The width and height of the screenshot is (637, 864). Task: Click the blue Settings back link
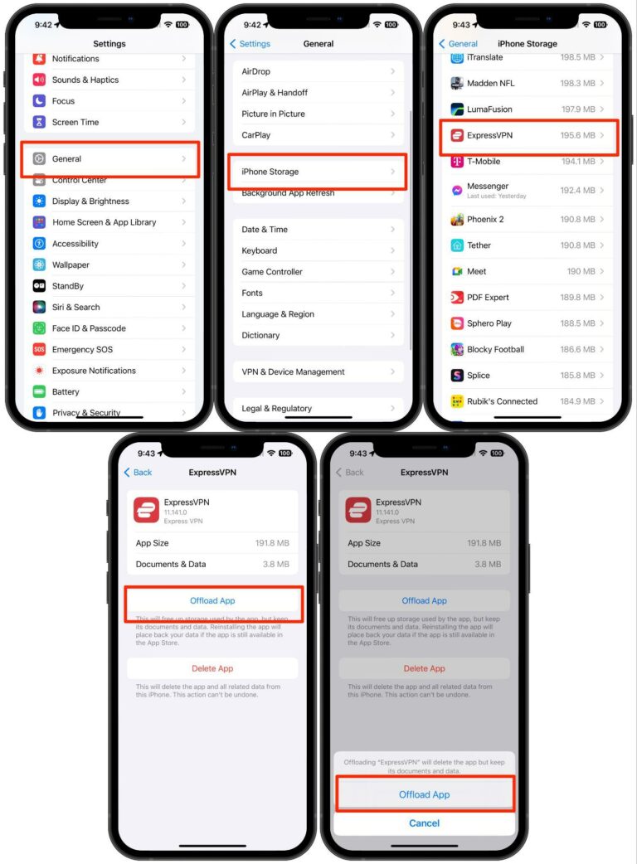250,44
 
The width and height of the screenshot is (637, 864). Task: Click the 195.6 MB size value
576,135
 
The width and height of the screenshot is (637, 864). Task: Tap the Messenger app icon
457,190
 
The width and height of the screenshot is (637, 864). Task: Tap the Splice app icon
457,376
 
